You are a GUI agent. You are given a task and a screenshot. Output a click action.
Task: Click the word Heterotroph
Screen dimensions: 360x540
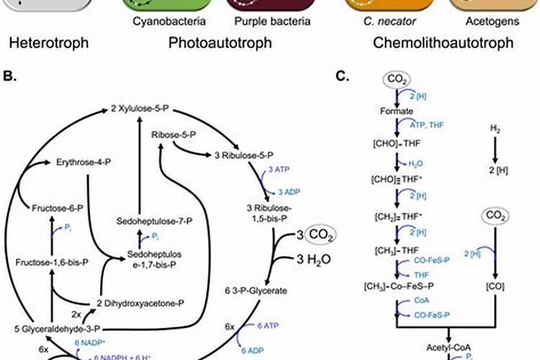point(45,42)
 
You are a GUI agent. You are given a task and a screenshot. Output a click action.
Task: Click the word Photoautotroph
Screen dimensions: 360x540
point(220,42)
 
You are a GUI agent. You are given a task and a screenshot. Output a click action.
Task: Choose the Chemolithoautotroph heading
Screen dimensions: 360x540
point(444,42)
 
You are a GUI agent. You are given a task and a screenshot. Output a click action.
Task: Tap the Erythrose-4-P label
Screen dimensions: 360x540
point(84,163)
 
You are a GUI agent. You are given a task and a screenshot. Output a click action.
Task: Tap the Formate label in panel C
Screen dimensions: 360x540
point(397,112)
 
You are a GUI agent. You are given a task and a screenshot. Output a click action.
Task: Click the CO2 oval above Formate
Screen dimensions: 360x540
point(397,78)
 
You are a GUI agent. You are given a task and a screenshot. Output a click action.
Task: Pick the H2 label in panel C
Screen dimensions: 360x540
point(494,128)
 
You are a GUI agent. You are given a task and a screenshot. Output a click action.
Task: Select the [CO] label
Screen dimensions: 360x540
point(494,287)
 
